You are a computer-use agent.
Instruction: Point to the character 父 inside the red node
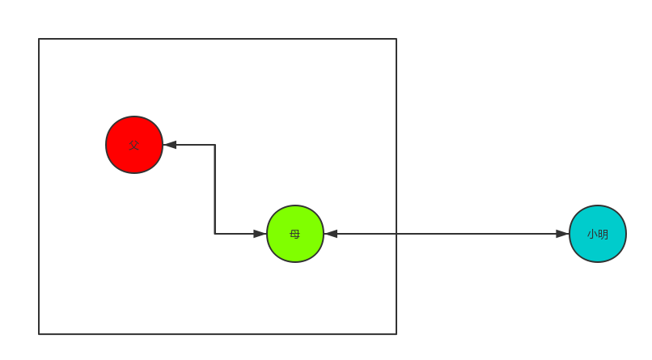pos(134,145)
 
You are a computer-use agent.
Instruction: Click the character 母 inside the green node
pos(295,234)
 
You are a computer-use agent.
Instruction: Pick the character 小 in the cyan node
pos(592,234)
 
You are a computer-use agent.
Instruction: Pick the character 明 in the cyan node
pos(603,234)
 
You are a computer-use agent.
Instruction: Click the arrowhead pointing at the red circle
pos(170,145)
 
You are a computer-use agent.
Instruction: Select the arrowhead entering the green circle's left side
pos(260,234)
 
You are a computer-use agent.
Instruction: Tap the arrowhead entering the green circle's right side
pos(331,234)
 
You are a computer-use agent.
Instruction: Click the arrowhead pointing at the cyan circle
pos(562,234)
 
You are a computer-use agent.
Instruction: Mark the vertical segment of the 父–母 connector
pos(214,189)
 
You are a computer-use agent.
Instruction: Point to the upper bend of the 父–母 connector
pos(214,145)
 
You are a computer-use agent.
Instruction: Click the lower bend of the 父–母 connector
pos(214,234)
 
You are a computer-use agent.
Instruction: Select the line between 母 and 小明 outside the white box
pos(477,234)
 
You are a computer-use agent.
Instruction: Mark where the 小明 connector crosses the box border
pos(396,234)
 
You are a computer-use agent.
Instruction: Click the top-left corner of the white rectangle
pos(40,40)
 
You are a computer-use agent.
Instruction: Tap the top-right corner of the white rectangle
pos(396,40)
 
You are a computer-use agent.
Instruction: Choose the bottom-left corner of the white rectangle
pos(40,333)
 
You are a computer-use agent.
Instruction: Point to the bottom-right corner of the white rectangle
pos(396,333)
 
